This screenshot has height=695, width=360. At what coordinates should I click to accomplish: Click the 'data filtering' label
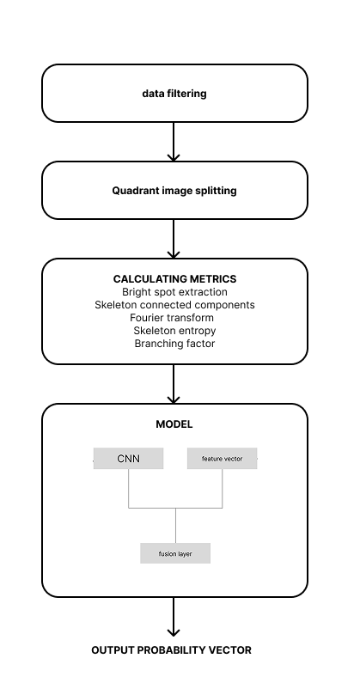click(x=174, y=94)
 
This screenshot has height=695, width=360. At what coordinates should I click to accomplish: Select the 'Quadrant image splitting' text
click(x=174, y=191)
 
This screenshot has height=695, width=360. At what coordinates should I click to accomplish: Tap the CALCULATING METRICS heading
click(x=174, y=279)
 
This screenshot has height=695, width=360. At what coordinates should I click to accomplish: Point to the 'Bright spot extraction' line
click(x=174, y=292)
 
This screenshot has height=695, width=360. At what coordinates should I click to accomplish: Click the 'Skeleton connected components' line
click(x=174, y=305)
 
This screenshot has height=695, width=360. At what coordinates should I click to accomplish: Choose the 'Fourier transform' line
click(x=172, y=318)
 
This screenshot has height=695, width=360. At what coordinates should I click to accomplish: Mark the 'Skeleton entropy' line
click(x=174, y=331)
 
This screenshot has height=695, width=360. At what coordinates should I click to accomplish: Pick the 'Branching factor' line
click(x=174, y=344)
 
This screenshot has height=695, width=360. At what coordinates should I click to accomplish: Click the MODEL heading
click(x=174, y=424)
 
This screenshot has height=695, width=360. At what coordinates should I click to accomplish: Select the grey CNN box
click(x=129, y=458)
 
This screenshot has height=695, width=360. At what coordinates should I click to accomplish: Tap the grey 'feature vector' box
click(x=223, y=458)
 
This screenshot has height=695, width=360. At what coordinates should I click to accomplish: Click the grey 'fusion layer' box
click(x=175, y=553)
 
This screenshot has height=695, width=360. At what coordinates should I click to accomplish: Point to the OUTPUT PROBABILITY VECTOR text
click(x=171, y=650)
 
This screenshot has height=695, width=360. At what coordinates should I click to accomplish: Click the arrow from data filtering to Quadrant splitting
click(x=174, y=142)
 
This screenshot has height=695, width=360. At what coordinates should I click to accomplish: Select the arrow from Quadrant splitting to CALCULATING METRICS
click(x=174, y=239)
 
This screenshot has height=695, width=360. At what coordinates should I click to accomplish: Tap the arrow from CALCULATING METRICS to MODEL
click(x=174, y=384)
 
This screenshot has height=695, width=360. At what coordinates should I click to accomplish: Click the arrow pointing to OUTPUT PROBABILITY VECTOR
click(x=174, y=617)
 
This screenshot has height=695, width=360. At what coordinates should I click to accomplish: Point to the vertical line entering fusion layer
click(x=175, y=525)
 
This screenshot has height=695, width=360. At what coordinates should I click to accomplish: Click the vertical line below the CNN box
click(x=129, y=489)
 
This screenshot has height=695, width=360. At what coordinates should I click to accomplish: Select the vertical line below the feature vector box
click(x=223, y=489)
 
